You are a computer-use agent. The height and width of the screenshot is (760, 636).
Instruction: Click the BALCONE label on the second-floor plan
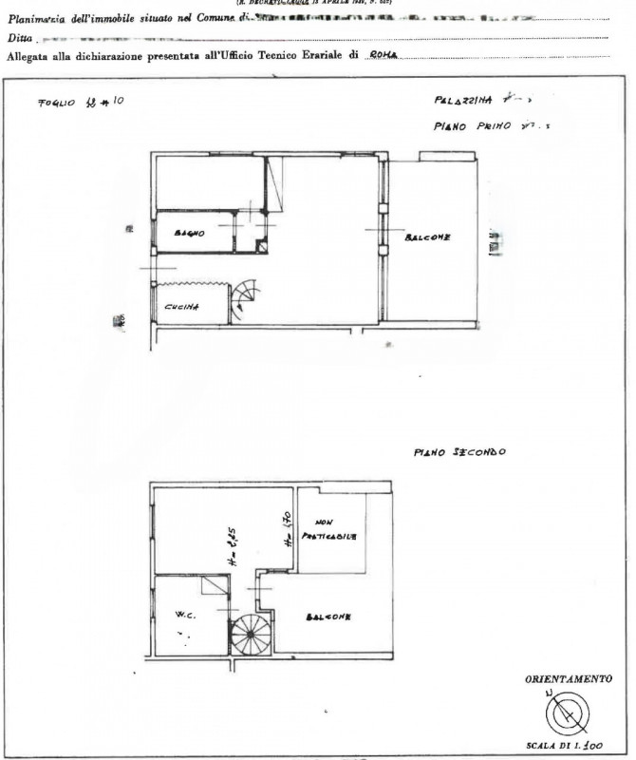(328, 618)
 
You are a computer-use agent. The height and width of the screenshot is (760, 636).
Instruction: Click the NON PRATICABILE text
(328, 530)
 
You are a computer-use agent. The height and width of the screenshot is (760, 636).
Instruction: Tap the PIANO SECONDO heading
(459, 452)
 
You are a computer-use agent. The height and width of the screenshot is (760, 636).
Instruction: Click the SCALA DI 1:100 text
(570, 746)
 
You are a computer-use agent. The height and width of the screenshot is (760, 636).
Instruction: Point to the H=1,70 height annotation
(286, 530)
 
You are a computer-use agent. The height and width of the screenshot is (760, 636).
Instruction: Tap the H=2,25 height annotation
(231, 549)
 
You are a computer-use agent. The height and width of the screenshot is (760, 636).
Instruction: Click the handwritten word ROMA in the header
(382, 55)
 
